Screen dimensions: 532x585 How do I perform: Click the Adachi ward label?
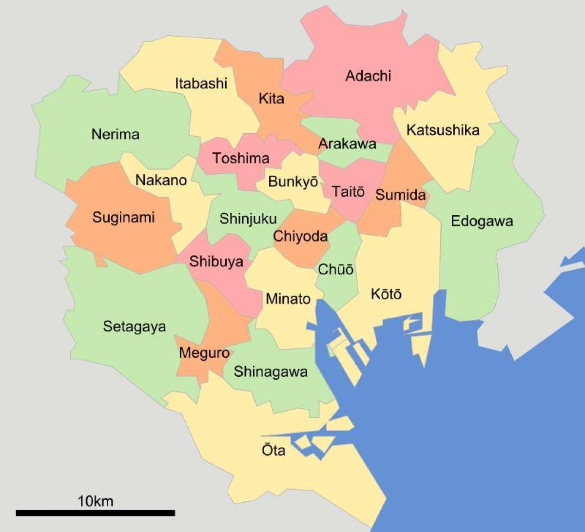point(368,76)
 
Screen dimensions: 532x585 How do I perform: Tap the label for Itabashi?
point(201,83)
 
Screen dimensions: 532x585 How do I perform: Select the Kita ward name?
point(271,99)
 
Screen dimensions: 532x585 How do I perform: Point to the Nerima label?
point(116,134)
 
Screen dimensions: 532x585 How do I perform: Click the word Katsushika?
point(443,130)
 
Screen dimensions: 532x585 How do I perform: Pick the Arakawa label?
point(347,143)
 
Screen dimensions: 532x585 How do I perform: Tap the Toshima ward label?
point(241,158)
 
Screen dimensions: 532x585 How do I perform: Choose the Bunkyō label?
point(293,182)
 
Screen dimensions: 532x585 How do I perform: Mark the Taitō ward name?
point(348,191)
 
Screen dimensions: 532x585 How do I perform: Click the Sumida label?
point(400,195)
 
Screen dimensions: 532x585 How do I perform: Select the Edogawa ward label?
point(482,221)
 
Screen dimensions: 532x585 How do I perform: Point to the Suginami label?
point(123,217)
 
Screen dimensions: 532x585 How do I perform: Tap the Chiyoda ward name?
point(300,237)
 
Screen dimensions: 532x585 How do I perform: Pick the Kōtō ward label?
point(386,294)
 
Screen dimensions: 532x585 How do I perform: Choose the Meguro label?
point(204,352)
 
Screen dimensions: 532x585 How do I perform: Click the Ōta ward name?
point(273,450)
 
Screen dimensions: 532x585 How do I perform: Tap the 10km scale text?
point(95,501)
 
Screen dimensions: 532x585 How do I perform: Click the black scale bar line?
point(95,512)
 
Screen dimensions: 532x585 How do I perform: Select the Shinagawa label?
point(271,372)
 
